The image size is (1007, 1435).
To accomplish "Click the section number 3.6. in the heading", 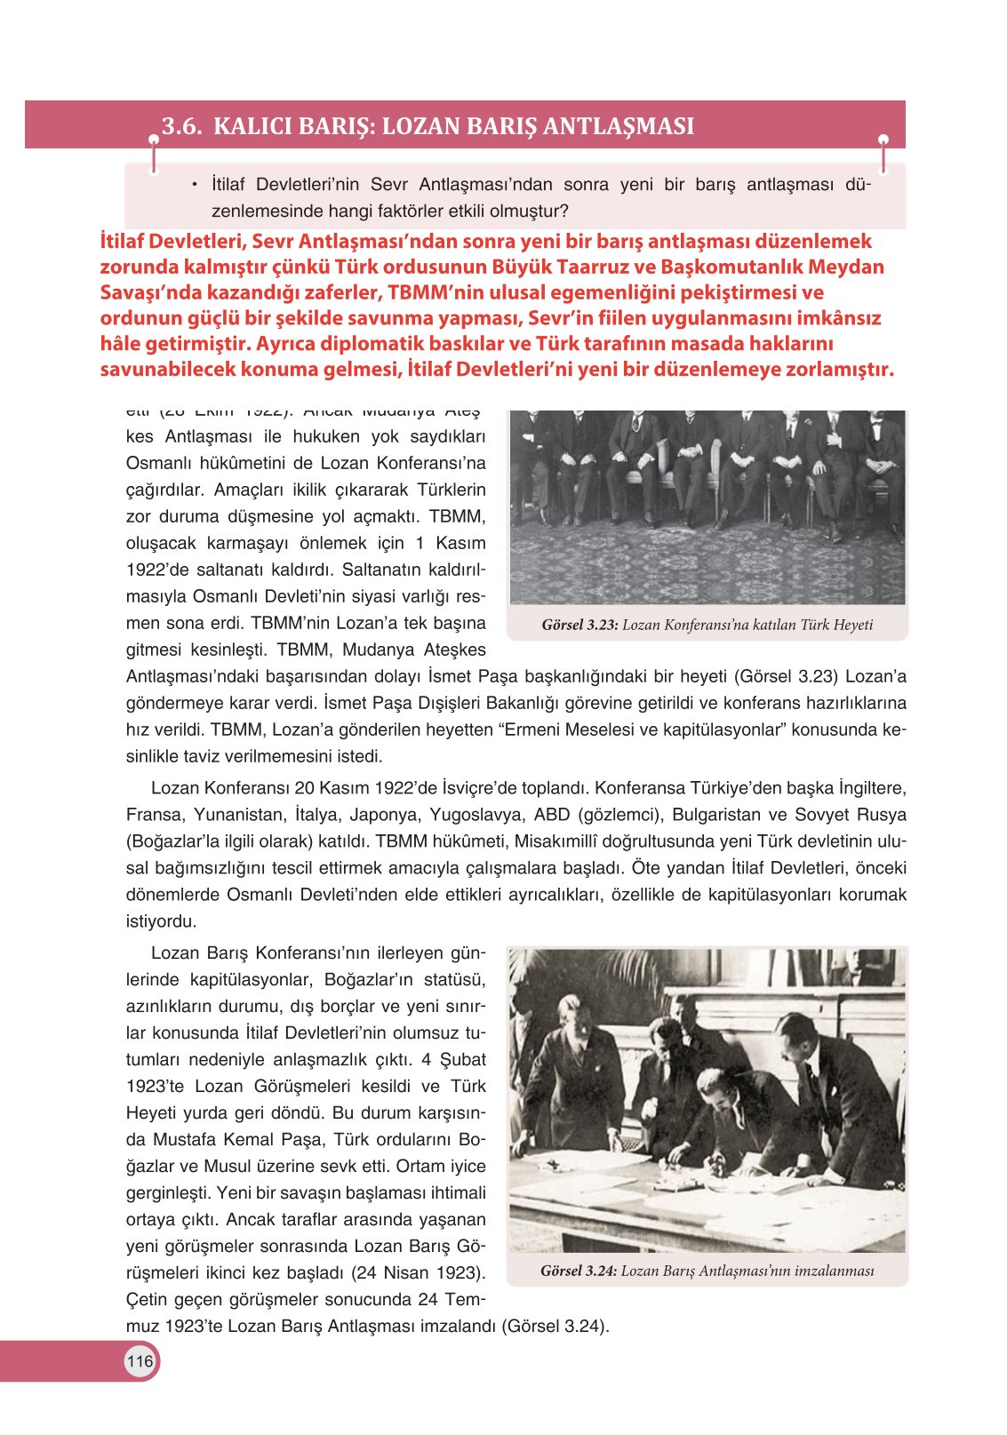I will (x=182, y=126).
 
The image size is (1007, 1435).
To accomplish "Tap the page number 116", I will (x=140, y=1361).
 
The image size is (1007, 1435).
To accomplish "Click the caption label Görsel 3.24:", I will (x=578, y=1272).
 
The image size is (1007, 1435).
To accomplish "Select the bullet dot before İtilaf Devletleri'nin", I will (x=193, y=185).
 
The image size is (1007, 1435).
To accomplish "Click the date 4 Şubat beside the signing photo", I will (x=454, y=1060).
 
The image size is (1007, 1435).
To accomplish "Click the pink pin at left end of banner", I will (x=154, y=140).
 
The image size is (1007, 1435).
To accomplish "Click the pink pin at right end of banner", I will (x=883, y=140).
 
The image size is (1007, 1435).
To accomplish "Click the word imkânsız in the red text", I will (x=845, y=319).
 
